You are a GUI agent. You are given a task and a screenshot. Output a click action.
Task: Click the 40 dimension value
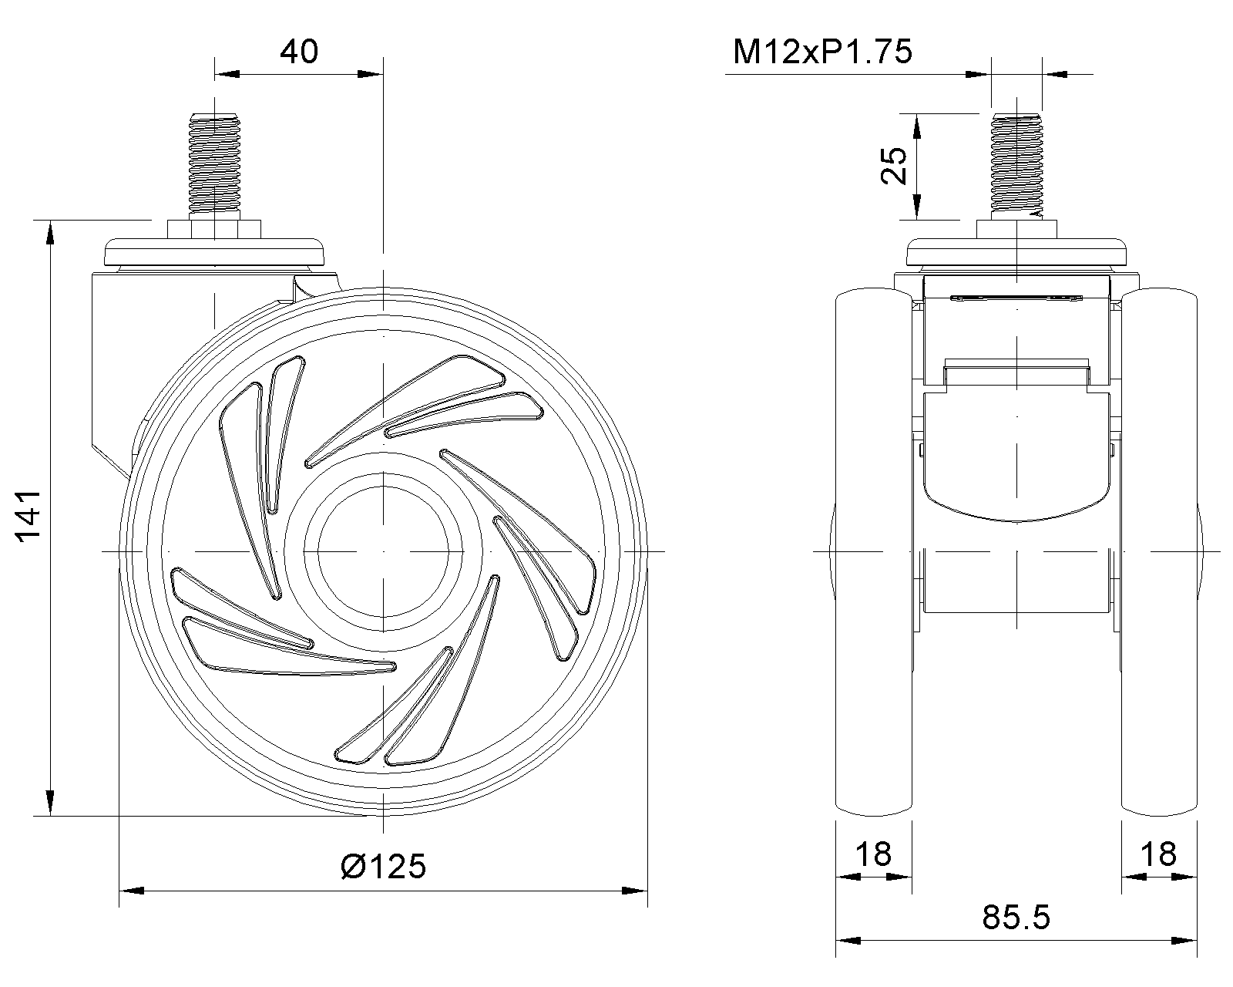[298, 52]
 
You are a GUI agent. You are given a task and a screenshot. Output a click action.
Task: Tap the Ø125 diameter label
[382, 866]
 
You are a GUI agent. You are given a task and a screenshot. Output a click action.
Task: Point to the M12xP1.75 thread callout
[822, 52]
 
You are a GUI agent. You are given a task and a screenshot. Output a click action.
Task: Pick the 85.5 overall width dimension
[1016, 918]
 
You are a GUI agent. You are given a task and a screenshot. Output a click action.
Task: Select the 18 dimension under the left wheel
[873, 854]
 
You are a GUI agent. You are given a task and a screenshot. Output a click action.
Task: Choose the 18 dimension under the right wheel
[1158, 854]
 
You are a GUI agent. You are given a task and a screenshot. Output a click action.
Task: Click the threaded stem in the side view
[213, 166]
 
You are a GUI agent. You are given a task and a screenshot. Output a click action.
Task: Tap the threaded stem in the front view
[1015, 166]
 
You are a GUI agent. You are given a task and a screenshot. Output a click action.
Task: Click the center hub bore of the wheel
[383, 552]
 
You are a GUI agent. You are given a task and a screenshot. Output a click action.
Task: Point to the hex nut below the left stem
[213, 229]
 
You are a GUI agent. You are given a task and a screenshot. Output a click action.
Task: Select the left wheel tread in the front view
[873, 552]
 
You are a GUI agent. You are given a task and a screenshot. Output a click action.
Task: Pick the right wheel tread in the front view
[1159, 552]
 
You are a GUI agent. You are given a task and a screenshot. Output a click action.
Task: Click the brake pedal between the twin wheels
[1016, 455]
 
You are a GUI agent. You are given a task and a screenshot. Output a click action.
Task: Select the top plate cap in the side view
[213, 251]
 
